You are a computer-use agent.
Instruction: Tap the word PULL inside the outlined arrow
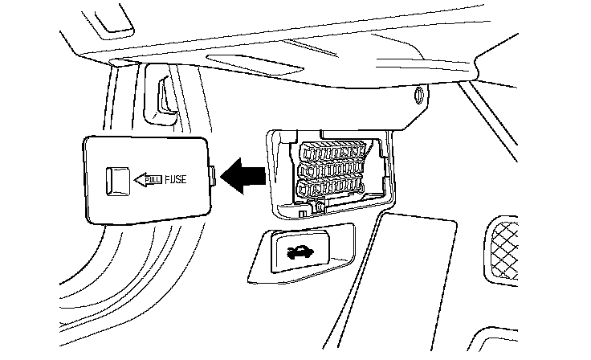click(152, 179)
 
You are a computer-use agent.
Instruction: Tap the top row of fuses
click(330, 151)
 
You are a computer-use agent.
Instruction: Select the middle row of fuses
click(330, 170)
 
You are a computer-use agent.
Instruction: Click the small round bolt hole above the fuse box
click(418, 98)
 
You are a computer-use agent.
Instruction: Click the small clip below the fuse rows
click(320, 207)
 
